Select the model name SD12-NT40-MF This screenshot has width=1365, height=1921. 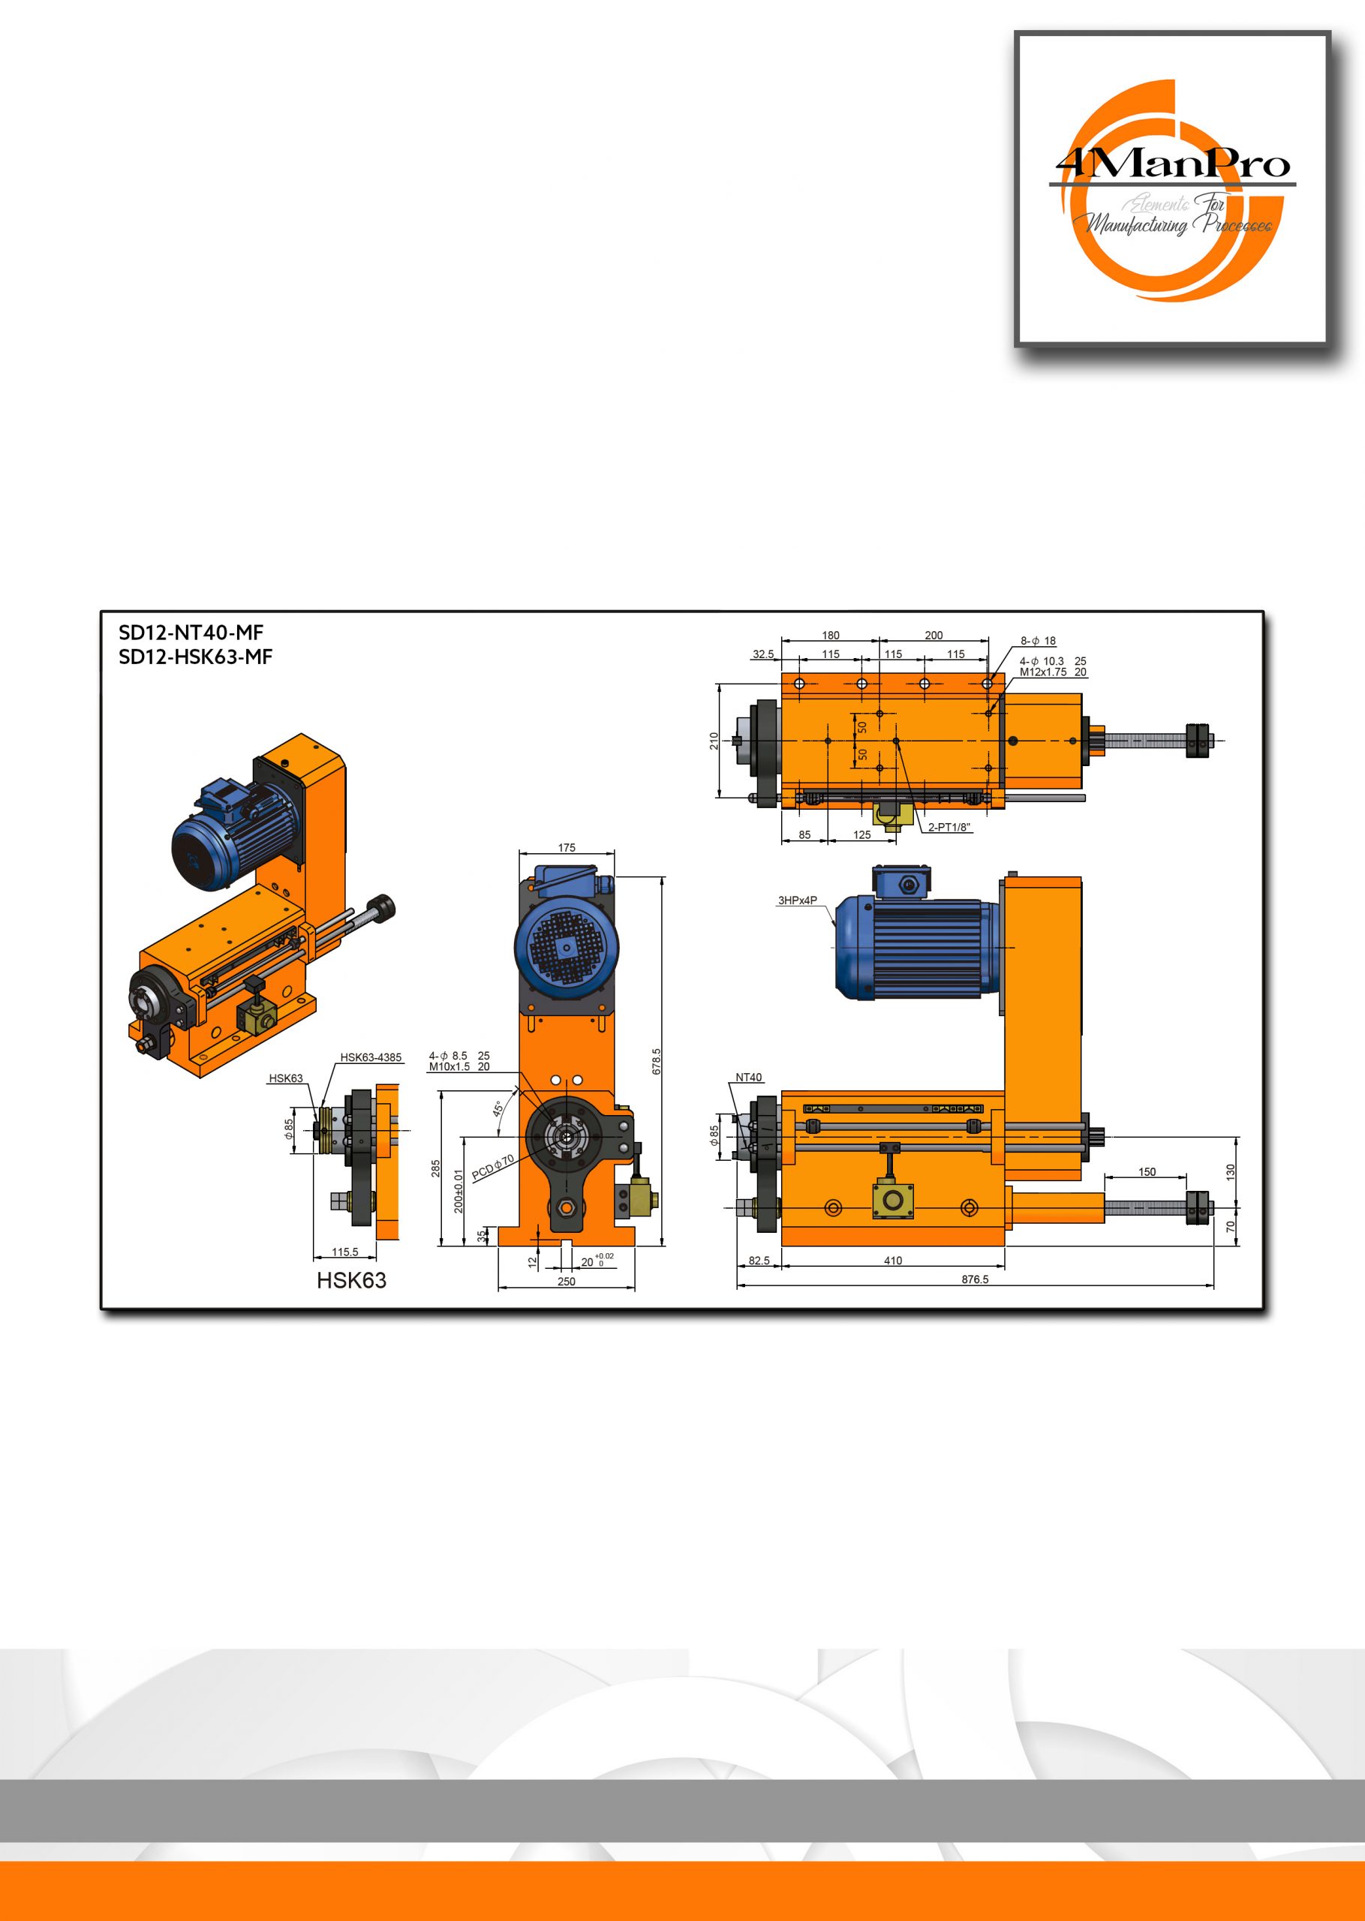[x=191, y=633]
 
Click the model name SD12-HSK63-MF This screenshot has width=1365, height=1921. [x=196, y=657]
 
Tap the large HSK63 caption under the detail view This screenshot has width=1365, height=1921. [x=351, y=1281]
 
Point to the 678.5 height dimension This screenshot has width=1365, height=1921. [x=657, y=1061]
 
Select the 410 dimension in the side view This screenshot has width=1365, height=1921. [x=893, y=1261]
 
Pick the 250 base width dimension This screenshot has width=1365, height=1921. [x=567, y=1282]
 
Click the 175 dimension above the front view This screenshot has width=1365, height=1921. [x=567, y=848]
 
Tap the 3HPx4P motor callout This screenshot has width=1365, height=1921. [x=797, y=900]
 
